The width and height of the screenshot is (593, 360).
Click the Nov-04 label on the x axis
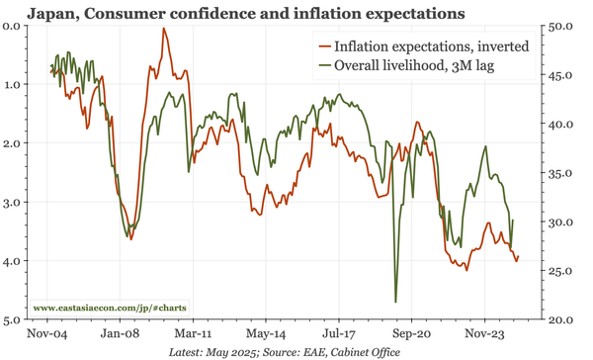[x=48, y=335]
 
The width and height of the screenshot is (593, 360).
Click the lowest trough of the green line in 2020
[x=395, y=302]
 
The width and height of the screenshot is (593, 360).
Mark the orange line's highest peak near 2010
[x=164, y=29]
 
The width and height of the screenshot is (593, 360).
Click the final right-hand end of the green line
[x=513, y=220]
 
